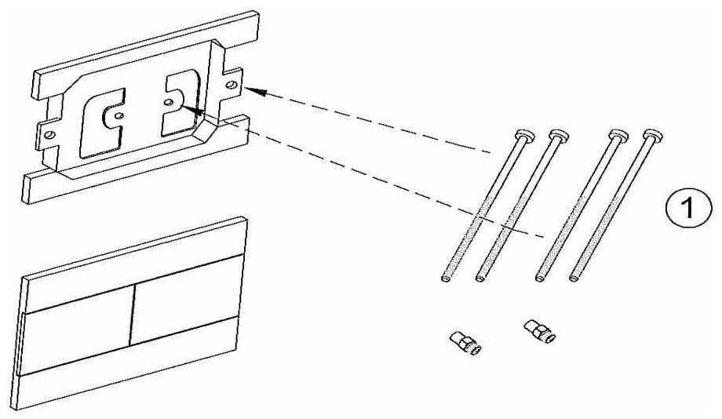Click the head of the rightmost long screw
click(x=653, y=135)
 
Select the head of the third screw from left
click(x=617, y=135)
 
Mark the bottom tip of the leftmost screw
click(x=445, y=277)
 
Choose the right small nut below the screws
click(x=539, y=329)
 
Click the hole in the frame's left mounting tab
click(x=49, y=134)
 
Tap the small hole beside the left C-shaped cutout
click(x=119, y=116)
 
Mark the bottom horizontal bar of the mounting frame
click(x=133, y=161)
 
